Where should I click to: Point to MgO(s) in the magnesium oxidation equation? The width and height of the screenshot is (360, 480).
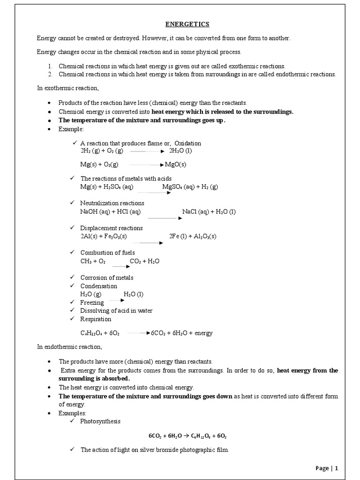tap(176, 165)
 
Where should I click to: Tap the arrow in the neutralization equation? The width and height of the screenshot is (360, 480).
tap(162, 218)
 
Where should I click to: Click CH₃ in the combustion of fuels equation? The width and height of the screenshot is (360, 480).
tap(86, 261)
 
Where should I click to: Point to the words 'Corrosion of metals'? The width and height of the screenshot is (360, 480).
tap(107, 277)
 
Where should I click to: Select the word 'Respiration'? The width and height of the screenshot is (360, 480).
tap(96, 319)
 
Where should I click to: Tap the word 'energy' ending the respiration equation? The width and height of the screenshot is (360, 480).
tap(203, 333)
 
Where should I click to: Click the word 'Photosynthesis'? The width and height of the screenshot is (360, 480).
tap(100, 421)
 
